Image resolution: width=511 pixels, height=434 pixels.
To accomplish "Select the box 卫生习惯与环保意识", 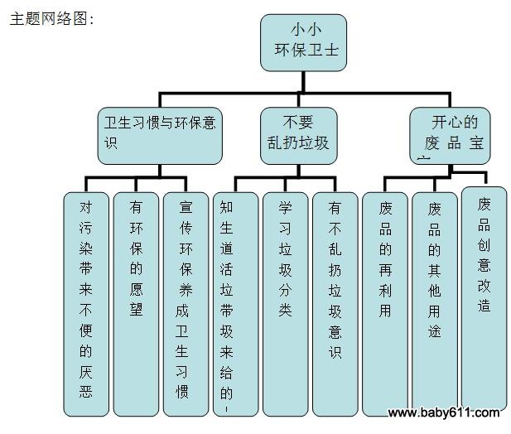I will point(161,134).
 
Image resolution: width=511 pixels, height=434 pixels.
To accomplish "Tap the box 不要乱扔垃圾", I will point(299,134).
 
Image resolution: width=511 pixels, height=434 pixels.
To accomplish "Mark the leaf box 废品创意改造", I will point(484,298).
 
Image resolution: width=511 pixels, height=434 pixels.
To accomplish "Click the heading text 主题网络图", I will point(50,19).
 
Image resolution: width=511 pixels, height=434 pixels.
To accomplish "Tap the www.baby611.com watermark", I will point(444,412).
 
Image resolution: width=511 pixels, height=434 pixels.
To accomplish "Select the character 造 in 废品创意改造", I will point(484,305).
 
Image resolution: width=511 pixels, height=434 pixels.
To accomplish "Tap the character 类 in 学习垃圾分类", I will point(286,309).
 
